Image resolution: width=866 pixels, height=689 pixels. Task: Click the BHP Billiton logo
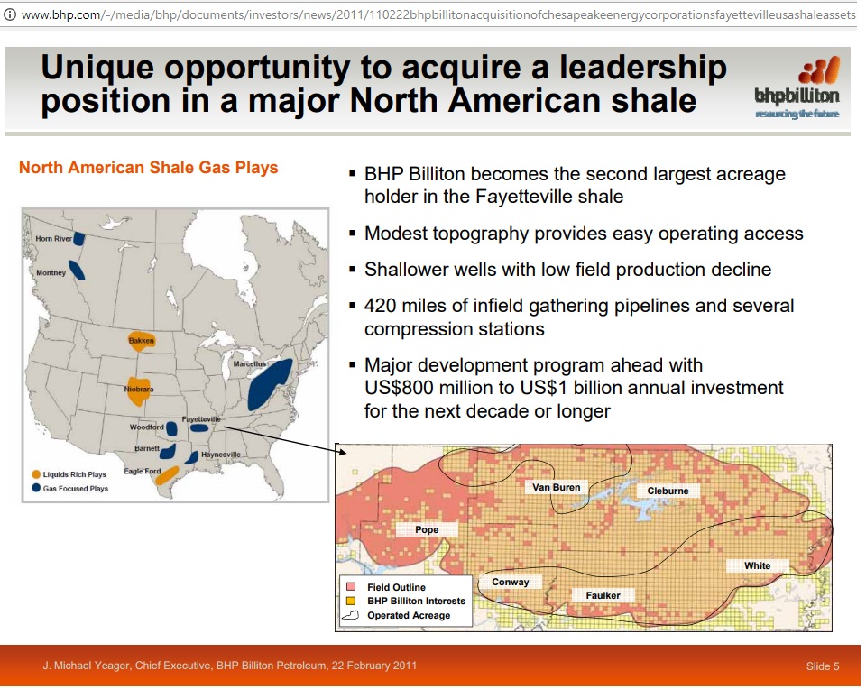tap(797, 87)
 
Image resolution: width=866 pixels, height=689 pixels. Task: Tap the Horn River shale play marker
tap(79, 238)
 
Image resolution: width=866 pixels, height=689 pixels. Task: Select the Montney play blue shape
tap(77, 270)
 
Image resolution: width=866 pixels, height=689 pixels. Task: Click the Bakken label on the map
tap(142, 341)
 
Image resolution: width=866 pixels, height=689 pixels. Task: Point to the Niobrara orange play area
tap(138, 390)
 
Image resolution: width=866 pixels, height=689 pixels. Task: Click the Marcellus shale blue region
tap(269, 384)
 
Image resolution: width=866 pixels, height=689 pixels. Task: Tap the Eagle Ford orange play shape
tap(167, 475)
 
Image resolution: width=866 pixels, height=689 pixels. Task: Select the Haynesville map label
tap(221, 455)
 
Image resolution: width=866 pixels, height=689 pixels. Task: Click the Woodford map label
tap(146, 427)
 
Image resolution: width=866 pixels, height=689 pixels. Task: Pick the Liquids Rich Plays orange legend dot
tap(36, 474)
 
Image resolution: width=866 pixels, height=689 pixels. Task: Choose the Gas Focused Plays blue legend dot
tap(36, 488)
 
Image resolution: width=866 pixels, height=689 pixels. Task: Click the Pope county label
tap(427, 529)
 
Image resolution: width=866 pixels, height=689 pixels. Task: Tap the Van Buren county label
tap(557, 487)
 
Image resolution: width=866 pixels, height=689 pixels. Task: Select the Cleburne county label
tap(668, 491)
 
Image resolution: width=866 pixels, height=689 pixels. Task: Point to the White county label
tap(757, 565)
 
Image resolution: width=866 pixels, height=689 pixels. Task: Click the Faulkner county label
tap(603, 595)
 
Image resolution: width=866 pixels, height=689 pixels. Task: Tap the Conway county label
tap(511, 582)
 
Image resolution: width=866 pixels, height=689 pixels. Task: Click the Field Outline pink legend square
tap(350, 586)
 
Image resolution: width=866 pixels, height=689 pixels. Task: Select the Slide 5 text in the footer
tap(823, 666)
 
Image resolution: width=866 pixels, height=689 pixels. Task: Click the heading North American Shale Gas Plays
tap(149, 167)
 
